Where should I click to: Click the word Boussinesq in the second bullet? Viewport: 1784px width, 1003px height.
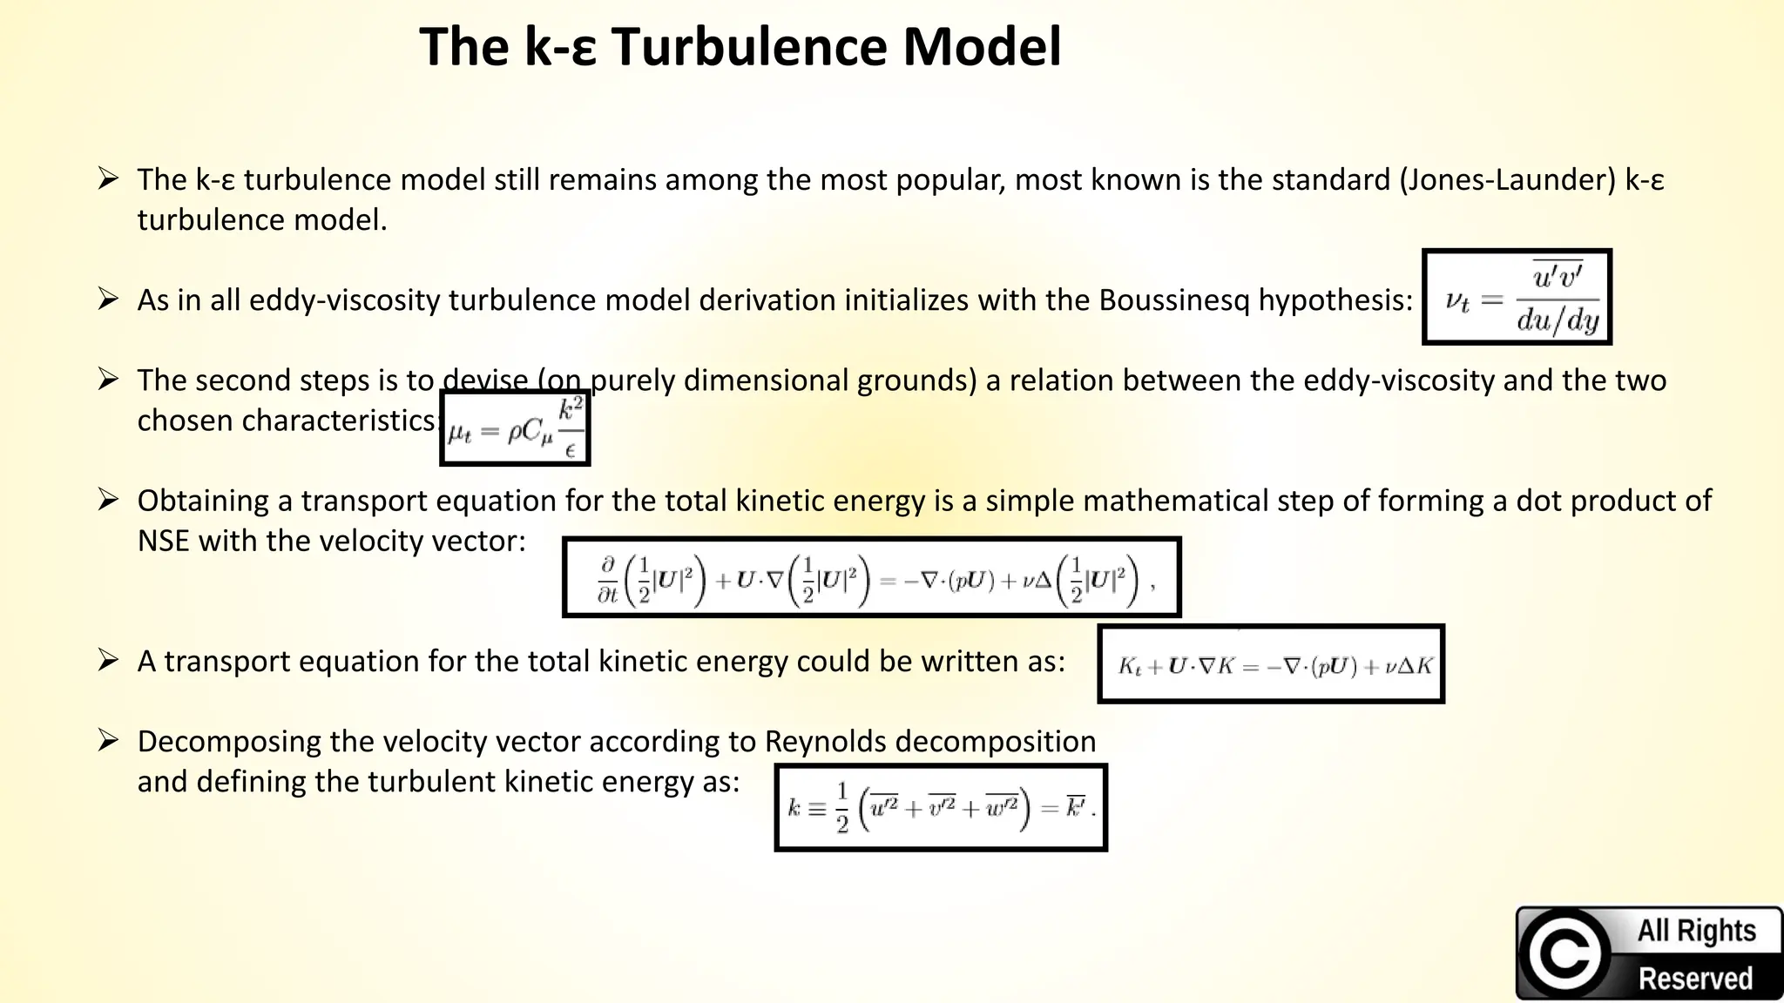tap(1174, 300)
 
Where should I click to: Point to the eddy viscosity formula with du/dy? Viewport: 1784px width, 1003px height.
tap(1517, 298)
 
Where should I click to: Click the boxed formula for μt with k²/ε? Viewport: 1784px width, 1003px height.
tap(515, 428)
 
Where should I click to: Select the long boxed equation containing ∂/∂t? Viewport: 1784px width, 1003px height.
tap(871, 578)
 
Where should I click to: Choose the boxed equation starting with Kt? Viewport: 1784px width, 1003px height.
tap(1270, 665)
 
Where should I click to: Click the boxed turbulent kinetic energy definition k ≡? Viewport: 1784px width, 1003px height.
tap(941, 808)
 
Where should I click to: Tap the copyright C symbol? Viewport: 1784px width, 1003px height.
tap(1564, 953)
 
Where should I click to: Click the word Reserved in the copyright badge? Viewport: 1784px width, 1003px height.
tap(1694, 979)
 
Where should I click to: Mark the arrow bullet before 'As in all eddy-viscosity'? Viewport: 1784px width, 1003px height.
tap(108, 300)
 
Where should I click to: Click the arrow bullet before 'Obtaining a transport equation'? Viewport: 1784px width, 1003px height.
tap(108, 501)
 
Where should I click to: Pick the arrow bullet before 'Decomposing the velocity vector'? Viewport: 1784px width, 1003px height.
tap(108, 741)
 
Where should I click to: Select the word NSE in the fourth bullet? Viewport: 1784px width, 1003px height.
tap(163, 542)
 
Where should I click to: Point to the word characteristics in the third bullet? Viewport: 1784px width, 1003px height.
tap(286, 421)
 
